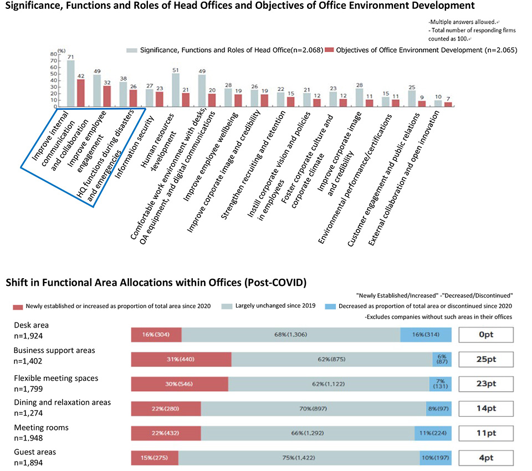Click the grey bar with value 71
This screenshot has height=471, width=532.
pos(70,83)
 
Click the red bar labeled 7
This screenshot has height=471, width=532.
pos(448,104)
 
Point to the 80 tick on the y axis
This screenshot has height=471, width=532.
pos(54,54)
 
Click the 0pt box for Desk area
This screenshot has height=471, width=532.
pos(487,335)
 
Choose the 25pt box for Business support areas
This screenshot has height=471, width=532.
pos(487,360)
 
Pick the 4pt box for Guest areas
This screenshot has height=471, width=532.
pos(487,458)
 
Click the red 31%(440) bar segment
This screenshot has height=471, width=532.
pos(181,359)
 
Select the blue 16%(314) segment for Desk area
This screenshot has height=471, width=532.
pos(426,335)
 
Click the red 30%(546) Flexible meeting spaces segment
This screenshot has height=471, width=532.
pos(180,383)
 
